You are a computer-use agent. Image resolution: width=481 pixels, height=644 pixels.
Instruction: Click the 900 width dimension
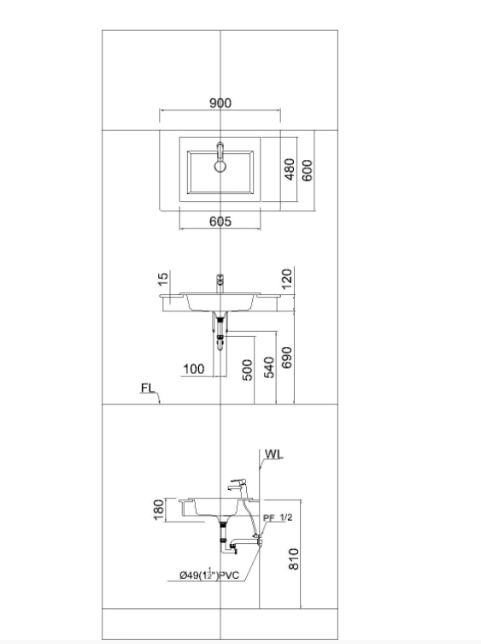point(220,103)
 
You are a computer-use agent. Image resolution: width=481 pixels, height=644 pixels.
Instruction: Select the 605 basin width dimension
point(220,222)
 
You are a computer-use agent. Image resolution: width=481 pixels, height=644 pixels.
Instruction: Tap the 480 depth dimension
point(290,169)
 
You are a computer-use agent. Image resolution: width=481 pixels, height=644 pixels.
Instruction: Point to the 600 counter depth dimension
point(307,170)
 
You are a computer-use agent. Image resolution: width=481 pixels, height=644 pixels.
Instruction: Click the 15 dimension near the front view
point(163,280)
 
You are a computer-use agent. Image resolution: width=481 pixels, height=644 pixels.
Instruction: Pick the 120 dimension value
point(287,279)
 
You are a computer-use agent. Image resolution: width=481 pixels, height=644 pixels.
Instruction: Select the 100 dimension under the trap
point(194,369)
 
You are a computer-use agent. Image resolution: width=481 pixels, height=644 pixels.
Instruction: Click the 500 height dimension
point(248,370)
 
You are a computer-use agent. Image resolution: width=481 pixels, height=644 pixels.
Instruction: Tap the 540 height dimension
point(269,368)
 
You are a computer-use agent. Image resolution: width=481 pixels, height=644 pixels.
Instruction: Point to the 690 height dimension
point(287,357)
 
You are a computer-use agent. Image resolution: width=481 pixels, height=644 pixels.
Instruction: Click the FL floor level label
point(148,388)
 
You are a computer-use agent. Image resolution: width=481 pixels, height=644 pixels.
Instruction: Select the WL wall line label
point(273,454)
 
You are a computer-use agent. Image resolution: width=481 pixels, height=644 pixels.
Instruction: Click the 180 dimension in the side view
point(159,510)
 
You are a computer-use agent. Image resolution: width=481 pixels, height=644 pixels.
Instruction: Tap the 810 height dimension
point(294,558)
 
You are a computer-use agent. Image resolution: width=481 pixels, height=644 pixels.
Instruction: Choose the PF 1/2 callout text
point(278,517)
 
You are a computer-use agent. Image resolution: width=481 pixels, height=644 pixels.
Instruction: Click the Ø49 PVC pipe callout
point(209,575)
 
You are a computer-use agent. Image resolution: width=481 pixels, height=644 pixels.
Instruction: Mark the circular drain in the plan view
point(220,166)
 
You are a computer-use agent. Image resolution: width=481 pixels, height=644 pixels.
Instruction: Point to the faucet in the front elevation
point(220,283)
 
